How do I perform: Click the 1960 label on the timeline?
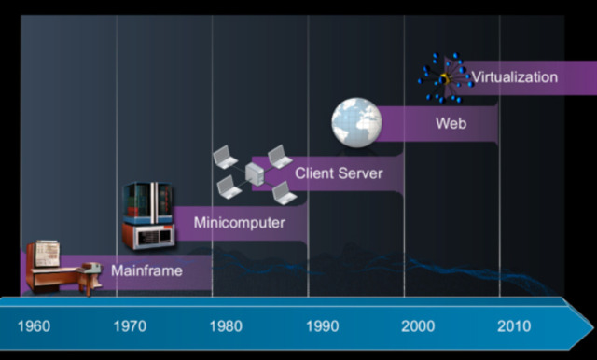[x=34, y=326]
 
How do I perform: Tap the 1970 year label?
[x=130, y=326]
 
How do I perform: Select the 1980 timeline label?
[x=226, y=326]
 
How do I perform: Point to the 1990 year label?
[x=323, y=326]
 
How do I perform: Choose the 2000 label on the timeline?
[x=418, y=326]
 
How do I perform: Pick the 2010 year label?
[x=514, y=326]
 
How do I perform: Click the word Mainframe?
[x=146, y=270]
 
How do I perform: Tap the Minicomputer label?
[x=240, y=223]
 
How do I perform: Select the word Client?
[x=313, y=173]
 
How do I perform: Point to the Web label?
[x=451, y=123]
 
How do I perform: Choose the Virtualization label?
[x=515, y=76]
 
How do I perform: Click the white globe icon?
[x=356, y=122]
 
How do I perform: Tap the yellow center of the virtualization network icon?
[x=444, y=79]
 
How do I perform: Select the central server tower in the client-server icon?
[x=255, y=173]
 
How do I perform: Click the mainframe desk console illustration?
[x=63, y=268]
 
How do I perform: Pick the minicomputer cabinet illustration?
[x=148, y=215]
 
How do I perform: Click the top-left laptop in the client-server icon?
[x=225, y=157]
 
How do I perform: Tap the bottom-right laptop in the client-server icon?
[x=285, y=193]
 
